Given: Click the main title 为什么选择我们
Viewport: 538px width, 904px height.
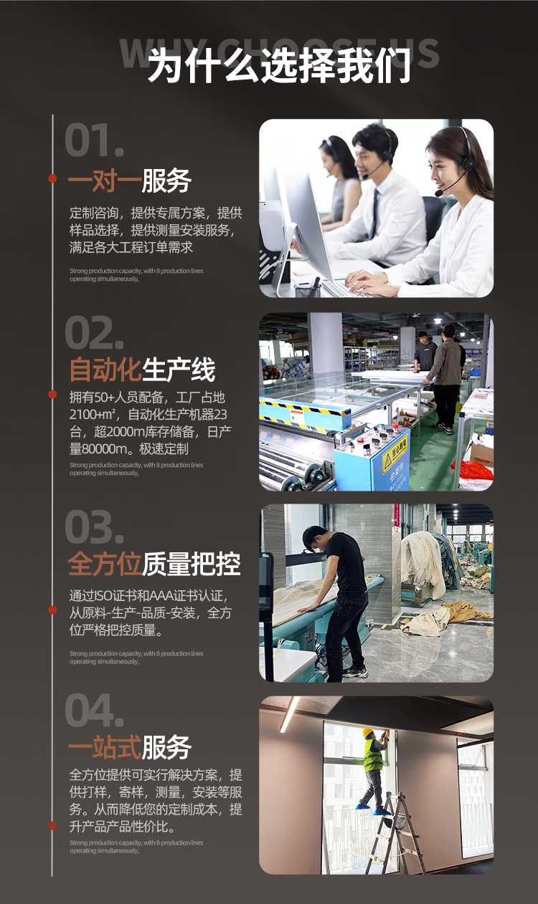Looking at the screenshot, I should coord(279,67).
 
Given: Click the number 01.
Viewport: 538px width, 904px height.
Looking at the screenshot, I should coord(94,140).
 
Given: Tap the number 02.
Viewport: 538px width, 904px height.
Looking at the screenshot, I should coord(94,333).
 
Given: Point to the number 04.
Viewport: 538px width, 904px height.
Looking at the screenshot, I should coord(94,711).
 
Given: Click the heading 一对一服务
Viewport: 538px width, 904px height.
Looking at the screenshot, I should coord(130,181).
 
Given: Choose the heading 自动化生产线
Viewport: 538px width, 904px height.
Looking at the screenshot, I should coord(142,370).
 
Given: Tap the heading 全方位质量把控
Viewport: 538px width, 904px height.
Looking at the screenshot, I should coord(154,564).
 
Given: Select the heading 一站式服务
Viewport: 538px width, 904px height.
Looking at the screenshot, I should coord(130,748).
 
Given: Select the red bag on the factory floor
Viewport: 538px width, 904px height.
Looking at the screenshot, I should coord(475,470).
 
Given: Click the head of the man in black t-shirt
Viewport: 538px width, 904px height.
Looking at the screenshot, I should coord(315,537).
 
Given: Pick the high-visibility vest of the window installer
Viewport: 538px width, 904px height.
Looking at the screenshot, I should coord(373,756).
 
